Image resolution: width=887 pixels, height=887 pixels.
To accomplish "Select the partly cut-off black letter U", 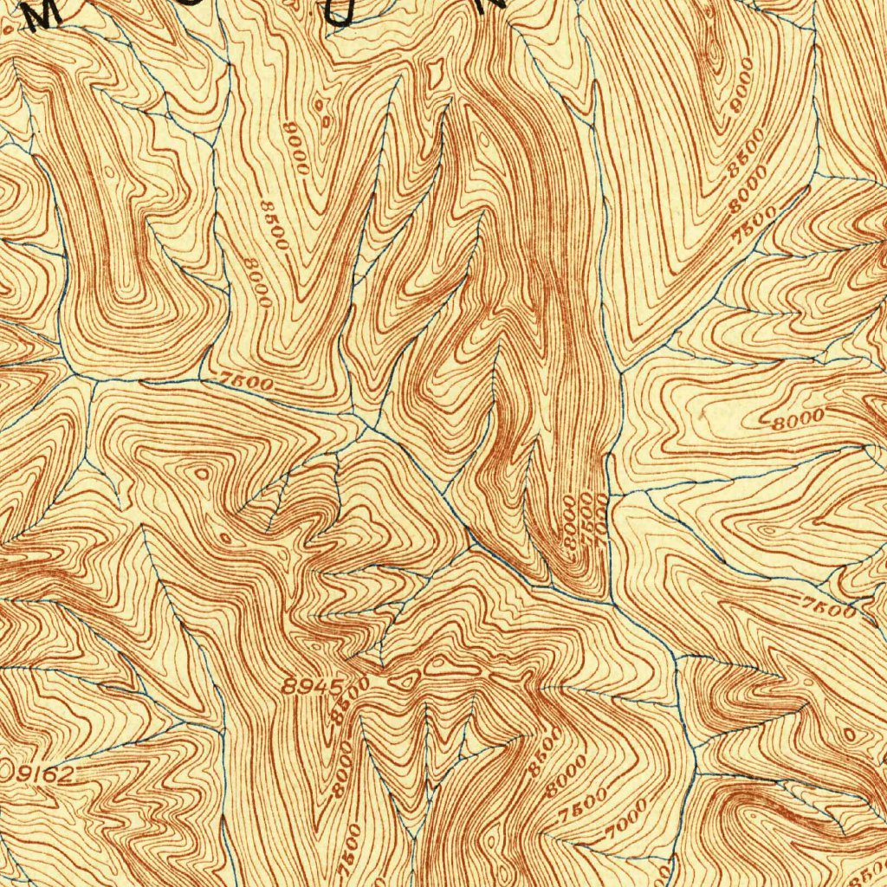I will [x=346, y=12].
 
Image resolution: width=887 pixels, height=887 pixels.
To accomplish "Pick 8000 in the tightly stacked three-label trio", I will [x=570, y=521].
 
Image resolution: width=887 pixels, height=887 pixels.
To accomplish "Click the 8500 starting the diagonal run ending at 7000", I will [x=537, y=754].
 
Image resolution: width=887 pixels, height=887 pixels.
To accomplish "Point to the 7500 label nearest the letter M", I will [x=246, y=382].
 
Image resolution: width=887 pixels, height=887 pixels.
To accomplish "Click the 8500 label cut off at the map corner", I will [x=873, y=869].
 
